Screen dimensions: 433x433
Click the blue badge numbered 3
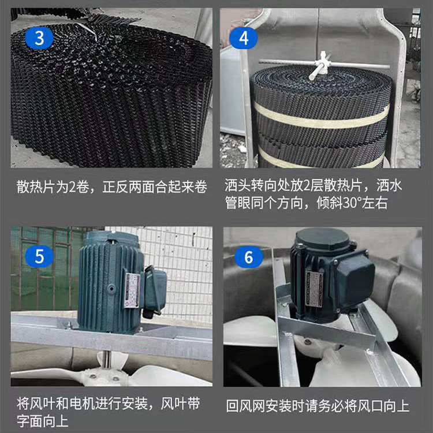click(40, 38)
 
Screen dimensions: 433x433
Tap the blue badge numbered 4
click(244, 38)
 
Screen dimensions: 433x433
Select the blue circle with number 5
click(40, 256)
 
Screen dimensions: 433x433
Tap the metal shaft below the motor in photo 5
click(108, 361)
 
